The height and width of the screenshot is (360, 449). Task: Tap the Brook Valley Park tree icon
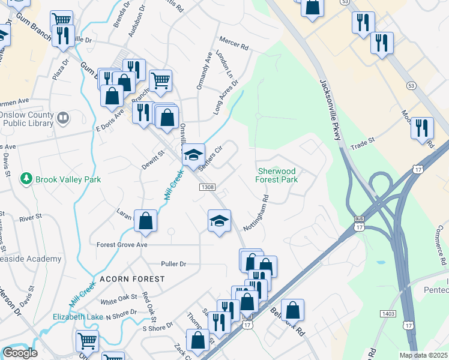coord(26,179)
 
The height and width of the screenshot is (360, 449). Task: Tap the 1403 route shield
coord(388,314)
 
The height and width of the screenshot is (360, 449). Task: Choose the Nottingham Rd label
coord(256,213)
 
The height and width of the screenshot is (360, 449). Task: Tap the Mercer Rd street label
coord(234,45)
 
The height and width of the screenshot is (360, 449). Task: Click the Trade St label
coord(363,143)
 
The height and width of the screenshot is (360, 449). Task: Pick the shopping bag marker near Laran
coord(146,221)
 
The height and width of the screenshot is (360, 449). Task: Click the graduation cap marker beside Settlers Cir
coord(193,155)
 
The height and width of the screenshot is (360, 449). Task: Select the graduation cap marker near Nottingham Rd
coord(220,220)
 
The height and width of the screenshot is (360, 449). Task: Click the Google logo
coord(20,353)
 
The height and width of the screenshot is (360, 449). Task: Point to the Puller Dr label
coord(174,264)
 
